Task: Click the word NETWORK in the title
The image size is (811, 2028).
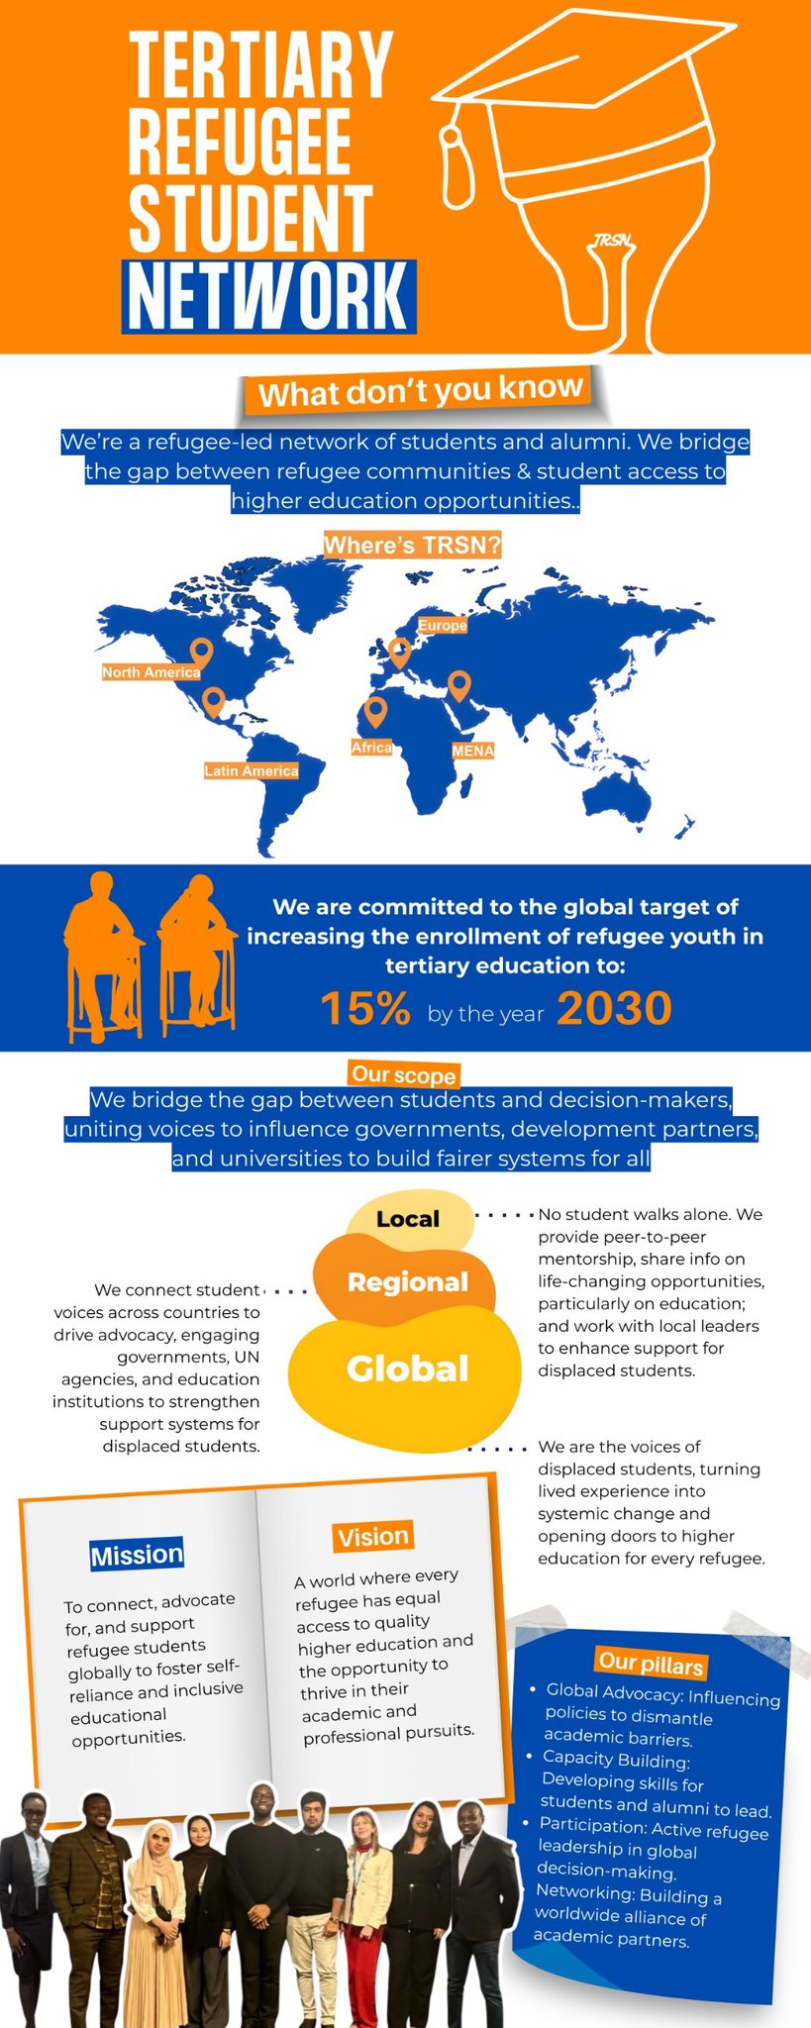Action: tap(268, 296)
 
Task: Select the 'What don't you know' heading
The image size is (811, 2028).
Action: tap(420, 390)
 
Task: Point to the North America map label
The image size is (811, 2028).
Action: tap(151, 672)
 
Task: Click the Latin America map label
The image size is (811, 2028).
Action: tap(251, 770)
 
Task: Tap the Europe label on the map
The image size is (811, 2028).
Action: tap(442, 626)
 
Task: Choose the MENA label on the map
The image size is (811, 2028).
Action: tap(472, 751)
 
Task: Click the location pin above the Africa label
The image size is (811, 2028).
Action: tap(374, 710)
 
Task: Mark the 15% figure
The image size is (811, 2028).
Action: tap(364, 1009)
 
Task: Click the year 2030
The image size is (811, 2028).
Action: tap(614, 1009)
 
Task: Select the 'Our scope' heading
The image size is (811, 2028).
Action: tap(403, 1074)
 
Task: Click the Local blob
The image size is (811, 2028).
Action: tap(408, 1219)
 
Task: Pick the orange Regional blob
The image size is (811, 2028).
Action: tap(407, 1282)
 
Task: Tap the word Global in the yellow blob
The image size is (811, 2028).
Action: tap(407, 1369)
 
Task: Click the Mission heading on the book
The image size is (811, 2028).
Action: tap(137, 1555)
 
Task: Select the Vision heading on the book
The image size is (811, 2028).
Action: tap(372, 1537)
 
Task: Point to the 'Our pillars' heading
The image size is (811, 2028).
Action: tap(651, 1664)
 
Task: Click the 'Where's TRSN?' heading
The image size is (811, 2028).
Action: tap(412, 545)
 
